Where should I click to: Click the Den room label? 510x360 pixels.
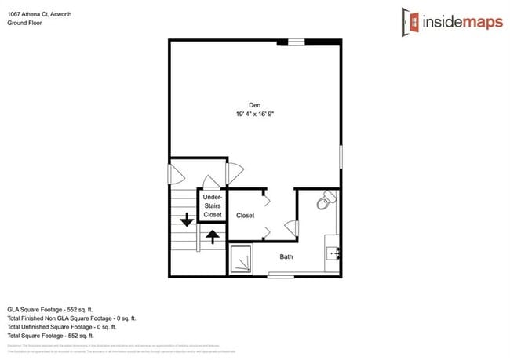tap(254, 105)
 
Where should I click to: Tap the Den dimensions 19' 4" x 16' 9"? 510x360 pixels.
tap(254, 115)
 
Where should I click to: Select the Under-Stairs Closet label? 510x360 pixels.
tap(213, 205)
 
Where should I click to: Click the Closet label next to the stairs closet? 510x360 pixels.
tap(246, 215)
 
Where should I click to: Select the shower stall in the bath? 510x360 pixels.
tap(240, 260)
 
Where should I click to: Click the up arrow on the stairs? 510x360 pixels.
tap(211, 235)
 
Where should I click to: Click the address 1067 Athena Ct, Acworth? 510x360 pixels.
tap(39, 13)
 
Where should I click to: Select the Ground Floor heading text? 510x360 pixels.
tap(24, 24)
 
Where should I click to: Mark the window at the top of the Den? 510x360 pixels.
tap(296, 42)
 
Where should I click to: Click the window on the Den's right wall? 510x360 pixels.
tap(341, 155)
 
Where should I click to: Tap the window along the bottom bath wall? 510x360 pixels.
tap(281, 275)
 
